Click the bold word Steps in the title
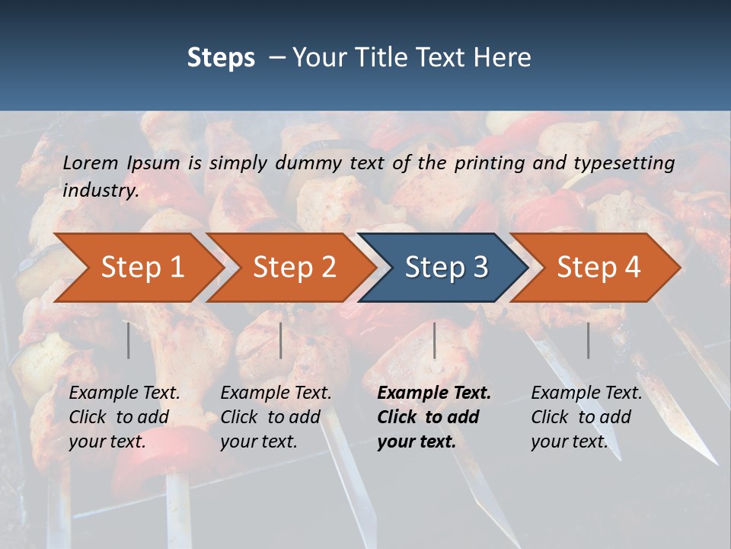point(221,57)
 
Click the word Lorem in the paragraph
point(91,162)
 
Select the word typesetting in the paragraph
point(624,162)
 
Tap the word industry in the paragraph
point(101,191)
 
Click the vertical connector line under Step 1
point(128,340)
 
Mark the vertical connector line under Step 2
point(281,340)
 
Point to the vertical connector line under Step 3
point(434,340)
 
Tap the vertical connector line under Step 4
point(588,340)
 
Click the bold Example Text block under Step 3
point(434,417)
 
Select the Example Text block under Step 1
point(124,417)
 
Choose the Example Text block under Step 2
point(276,417)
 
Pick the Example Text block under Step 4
point(586,417)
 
